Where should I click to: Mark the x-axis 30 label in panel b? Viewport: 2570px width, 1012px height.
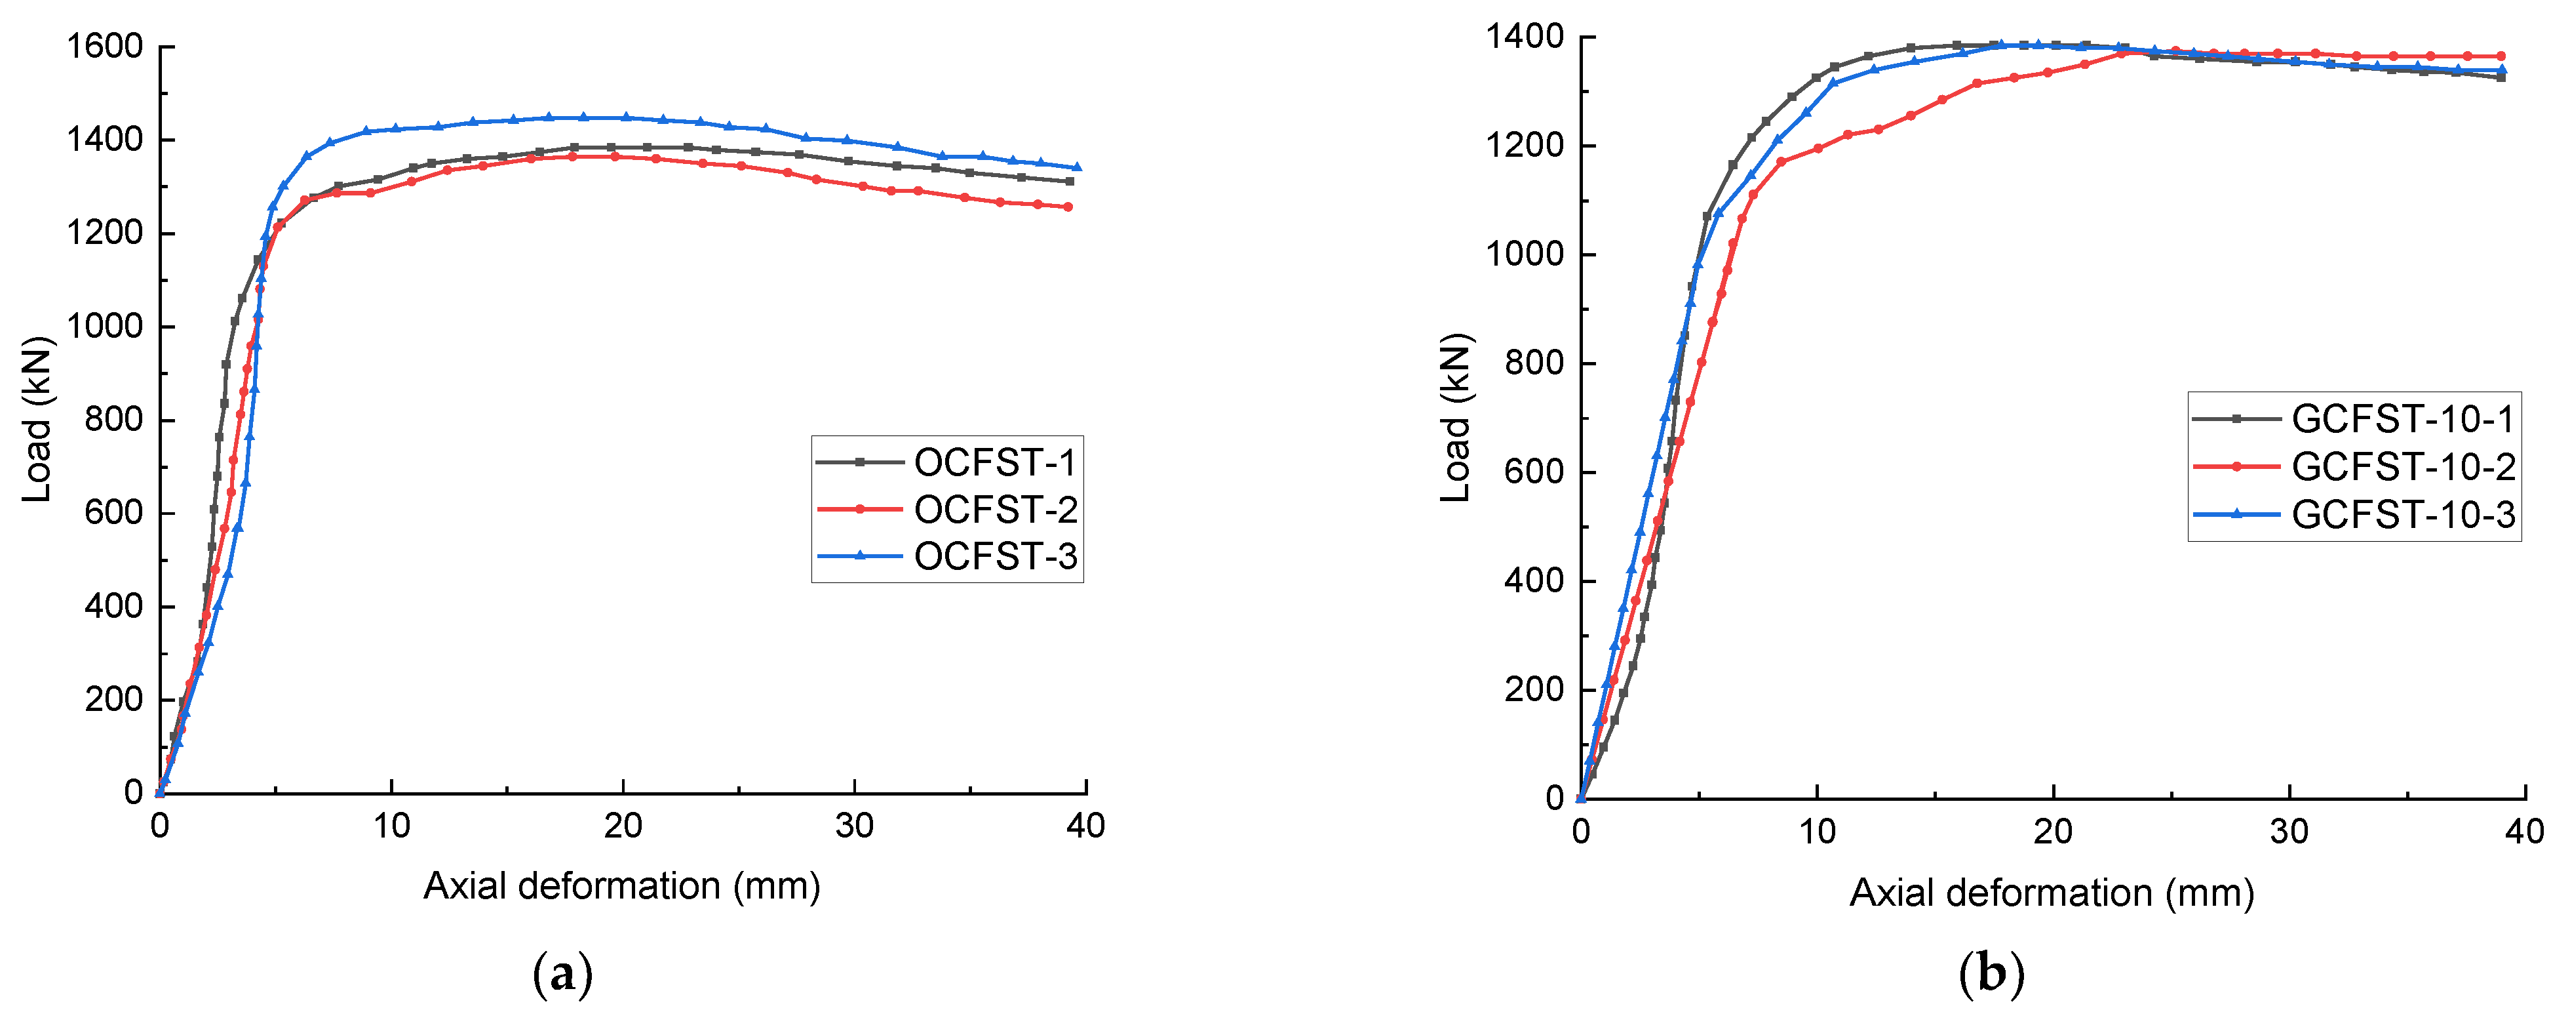click(x=2289, y=832)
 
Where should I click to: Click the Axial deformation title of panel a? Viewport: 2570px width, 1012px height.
click(x=621, y=885)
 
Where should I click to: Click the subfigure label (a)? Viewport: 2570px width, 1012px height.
click(x=564, y=974)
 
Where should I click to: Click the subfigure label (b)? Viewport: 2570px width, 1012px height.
click(x=1991, y=974)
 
